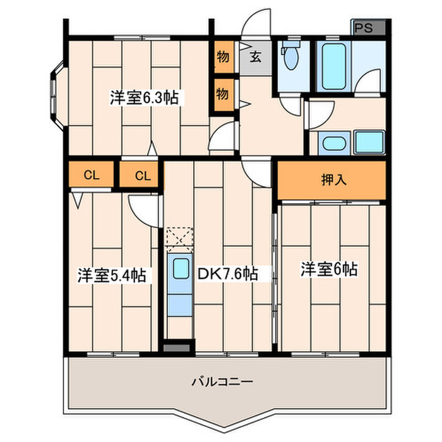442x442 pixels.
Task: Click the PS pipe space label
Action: [363, 28]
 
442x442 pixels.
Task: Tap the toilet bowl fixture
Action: [290, 55]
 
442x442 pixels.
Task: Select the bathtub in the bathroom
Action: [334, 66]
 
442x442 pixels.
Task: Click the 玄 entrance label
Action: [256, 57]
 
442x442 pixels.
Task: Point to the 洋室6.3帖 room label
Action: [144, 97]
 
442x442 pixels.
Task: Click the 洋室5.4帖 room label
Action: [112, 275]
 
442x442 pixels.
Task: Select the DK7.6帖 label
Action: [227, 273]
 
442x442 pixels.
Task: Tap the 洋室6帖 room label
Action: [329, 269]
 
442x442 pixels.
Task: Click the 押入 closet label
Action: [334, 179]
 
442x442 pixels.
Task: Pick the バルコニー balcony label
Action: [222, 382]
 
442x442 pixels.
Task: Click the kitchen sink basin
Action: [181, 268]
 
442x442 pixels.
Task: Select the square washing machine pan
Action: [369, 142]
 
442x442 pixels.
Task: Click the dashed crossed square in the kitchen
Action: [180, 239]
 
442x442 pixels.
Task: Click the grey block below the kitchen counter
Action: [176, 347]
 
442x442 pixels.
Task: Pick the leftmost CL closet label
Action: [92, 176]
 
